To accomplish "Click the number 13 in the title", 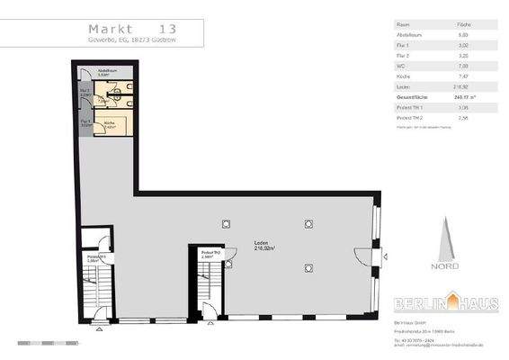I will [x=167, y=27].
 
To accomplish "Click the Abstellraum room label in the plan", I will [x=103, y=71].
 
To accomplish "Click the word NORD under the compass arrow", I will [x=446, y=265].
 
